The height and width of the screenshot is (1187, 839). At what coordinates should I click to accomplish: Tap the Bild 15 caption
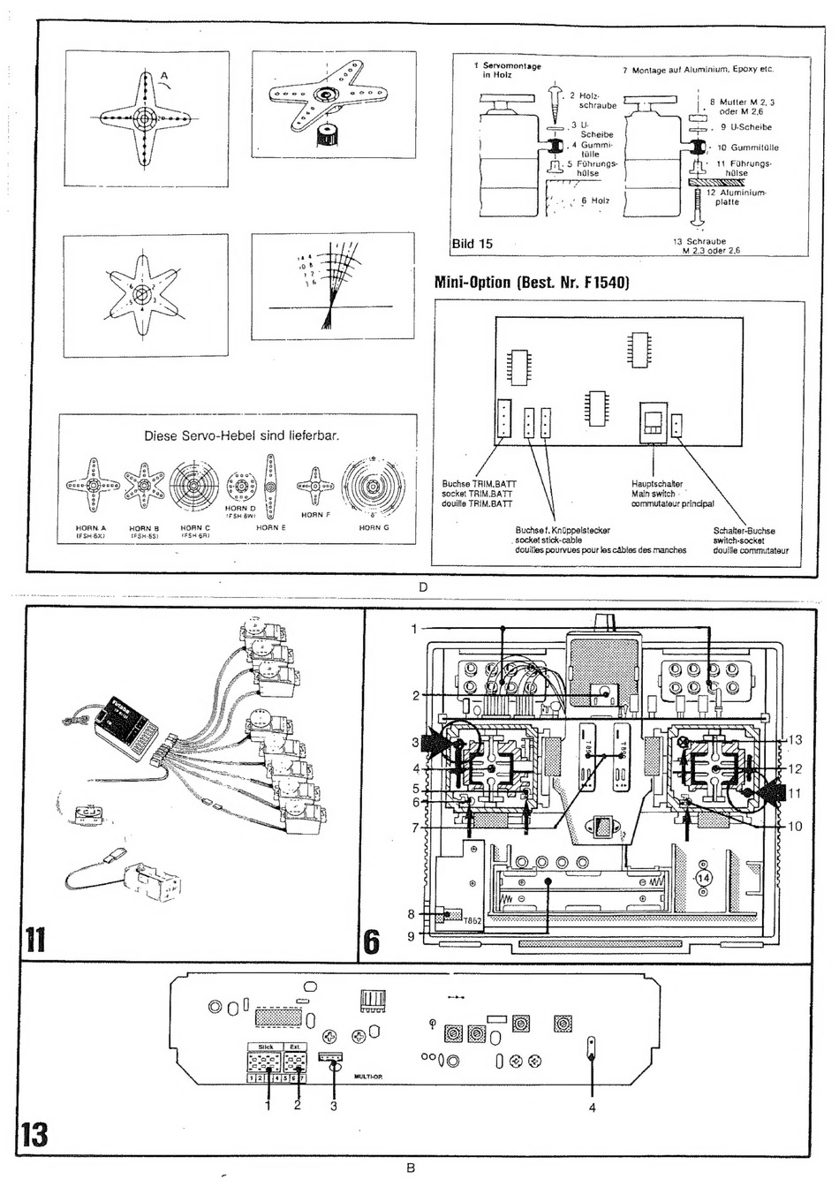472,244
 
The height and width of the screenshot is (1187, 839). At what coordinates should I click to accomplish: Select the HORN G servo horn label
374,527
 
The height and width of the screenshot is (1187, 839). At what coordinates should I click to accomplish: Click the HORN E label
270,527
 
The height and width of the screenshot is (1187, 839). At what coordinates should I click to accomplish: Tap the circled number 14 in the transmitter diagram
704,878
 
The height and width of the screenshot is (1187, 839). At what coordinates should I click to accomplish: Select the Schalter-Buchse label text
744,531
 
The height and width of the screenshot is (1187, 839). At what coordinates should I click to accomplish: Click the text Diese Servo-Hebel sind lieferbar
241,435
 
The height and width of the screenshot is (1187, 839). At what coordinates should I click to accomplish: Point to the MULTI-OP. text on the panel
367,1077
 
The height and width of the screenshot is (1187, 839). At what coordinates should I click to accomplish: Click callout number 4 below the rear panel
593,1108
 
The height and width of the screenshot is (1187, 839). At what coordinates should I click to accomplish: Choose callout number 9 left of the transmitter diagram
412,935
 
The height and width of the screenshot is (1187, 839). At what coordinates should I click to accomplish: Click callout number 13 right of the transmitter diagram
794,740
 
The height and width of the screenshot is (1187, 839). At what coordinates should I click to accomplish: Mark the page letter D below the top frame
423,588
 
